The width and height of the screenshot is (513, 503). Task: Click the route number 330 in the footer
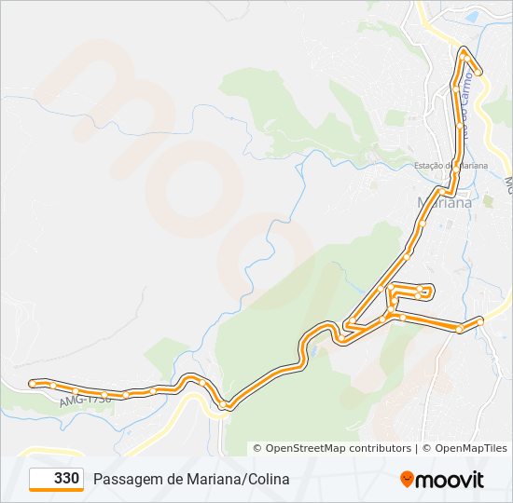click(x=66, y=479)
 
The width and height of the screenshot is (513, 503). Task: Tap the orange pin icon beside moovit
click(x=407, y=480)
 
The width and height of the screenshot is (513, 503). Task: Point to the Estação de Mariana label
click(x=451, y=166)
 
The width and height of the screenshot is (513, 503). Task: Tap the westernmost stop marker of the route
click(x=33, y=383)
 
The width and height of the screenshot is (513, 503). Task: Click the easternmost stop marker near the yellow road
click(x=480, y=321)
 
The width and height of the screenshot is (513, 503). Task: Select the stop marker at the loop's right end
click(x=430, y=291)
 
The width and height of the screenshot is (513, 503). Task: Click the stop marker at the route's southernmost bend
click(x=229, y=405)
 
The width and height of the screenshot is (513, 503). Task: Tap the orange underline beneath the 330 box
click(x=56, y=491)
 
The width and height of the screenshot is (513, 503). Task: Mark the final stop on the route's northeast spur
click(x=478, y=72)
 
